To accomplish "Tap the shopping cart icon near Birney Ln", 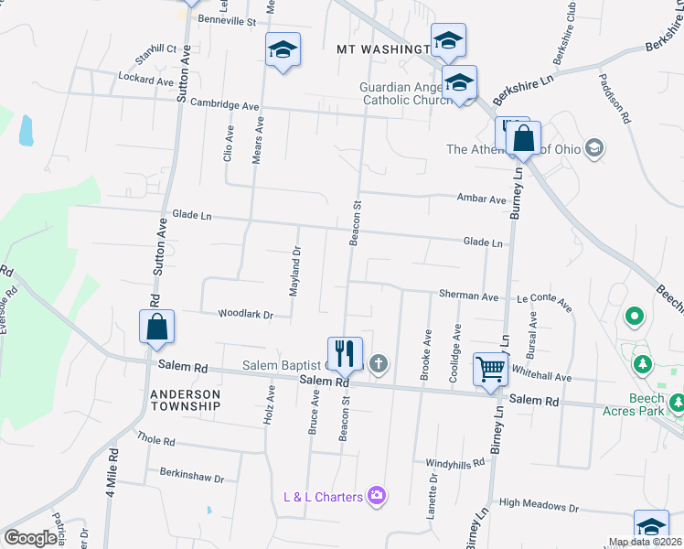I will coord(491,370).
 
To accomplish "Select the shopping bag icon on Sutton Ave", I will coord(156,327).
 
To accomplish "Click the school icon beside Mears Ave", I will coord(283,49).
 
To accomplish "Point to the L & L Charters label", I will coord(323,497).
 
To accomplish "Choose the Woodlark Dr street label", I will coord(245,315).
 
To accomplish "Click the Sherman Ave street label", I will coord(468,296).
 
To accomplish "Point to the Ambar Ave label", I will coord(482,199).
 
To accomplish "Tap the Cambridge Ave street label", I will coord(225,105).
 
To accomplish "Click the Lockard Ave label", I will coord(145,81).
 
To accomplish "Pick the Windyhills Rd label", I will coord(454,463).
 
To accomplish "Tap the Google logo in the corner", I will coord(30,538).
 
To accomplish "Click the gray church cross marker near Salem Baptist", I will coord(379,365).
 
